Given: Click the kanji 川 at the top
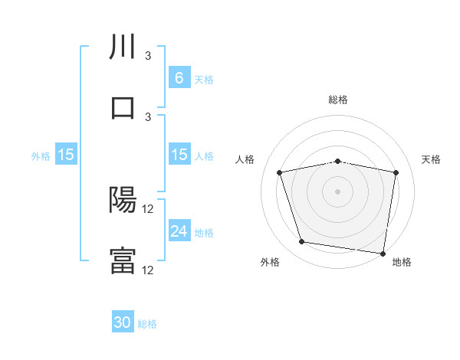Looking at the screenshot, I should tap(123, 48).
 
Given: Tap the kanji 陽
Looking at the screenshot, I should tap(123, 201).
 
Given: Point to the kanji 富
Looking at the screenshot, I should tap(123, 260).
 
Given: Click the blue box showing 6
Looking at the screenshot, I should tap(179, 77).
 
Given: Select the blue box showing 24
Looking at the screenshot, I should tap(179, 231).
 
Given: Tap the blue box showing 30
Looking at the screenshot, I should tap(123, 322).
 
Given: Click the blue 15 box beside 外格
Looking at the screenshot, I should tap(66, 155).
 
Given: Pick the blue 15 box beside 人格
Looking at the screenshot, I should tap(179, 155).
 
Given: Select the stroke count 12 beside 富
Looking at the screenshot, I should tap(149, 270).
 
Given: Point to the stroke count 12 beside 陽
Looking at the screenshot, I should tap(149, 209).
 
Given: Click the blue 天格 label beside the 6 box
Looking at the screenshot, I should tap(204, 79).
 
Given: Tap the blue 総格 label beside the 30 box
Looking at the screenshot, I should tap(147, 324).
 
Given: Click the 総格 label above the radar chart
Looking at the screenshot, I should tap(338, 100).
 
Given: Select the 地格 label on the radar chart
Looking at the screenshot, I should tap(402, 262).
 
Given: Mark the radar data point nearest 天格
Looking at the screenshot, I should tap(396, 172).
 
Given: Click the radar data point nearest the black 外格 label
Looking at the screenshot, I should tap(301, 242).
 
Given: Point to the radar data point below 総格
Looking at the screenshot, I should tap(338, 161).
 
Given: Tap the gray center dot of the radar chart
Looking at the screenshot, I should tap(338, 191).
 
